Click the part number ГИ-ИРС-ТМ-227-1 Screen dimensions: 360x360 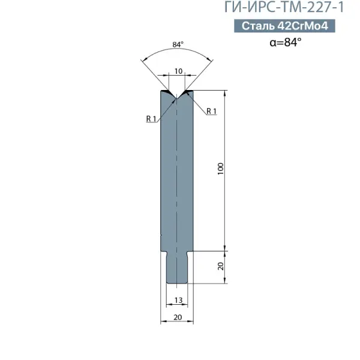284,7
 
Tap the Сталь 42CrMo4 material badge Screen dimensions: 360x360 284,26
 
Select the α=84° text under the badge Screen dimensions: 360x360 286,42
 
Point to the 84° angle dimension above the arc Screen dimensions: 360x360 178,44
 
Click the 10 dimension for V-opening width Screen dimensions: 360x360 178,71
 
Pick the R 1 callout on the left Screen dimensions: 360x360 151,119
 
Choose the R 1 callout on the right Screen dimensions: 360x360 211,111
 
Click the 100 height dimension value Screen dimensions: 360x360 220,169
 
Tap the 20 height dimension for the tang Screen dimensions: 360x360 220,266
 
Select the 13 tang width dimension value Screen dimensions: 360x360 178,300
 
